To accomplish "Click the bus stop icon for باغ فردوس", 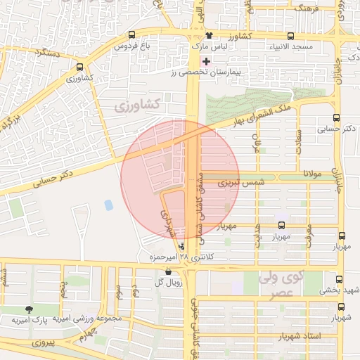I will pos(131,35).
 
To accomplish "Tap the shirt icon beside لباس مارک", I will pos(208,35).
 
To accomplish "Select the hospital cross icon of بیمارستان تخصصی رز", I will pos(205,61).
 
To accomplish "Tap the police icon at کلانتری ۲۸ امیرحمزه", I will pos(183,246).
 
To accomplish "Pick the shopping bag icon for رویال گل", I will pos(167,271).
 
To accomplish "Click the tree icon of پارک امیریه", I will pos(29,309).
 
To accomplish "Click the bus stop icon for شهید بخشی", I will pos(340,279).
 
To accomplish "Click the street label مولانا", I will pos(312,172).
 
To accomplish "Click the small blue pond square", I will pos(108,205).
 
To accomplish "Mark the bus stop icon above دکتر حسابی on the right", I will pos(336,118).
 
